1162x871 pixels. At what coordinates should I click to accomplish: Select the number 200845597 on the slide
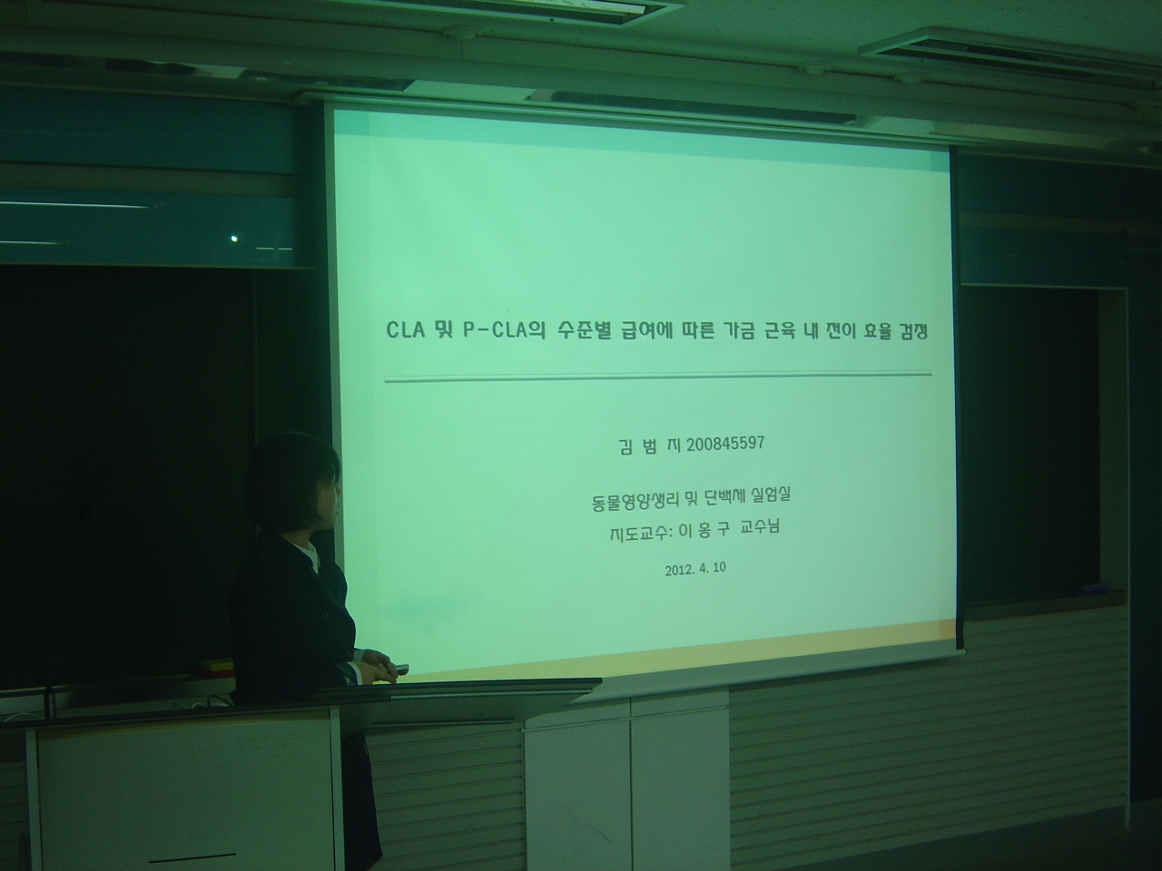[x=727, y=445]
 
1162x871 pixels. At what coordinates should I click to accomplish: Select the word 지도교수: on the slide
[x=641, y=533]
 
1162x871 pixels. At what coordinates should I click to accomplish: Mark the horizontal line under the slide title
[x=658, y=375]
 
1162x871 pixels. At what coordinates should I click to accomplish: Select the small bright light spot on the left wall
[x=235, y=239]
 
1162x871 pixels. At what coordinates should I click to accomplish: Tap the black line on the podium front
[x=192, y=856]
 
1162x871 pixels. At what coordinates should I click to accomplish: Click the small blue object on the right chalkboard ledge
[x=1088, y=591]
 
